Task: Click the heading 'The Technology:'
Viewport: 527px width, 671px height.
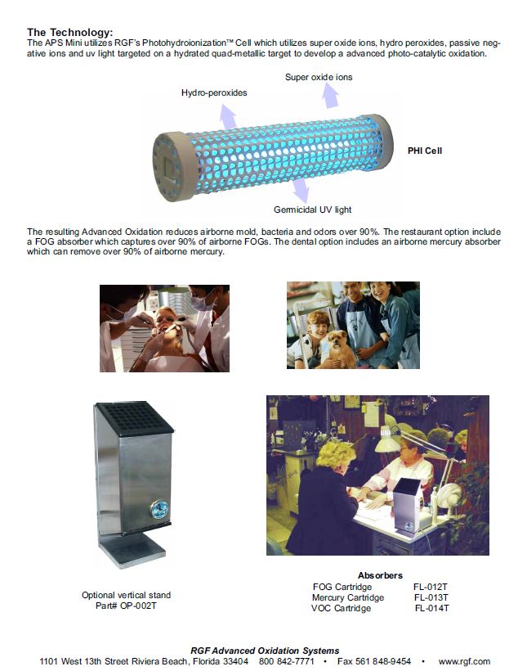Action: (x=69, y=31)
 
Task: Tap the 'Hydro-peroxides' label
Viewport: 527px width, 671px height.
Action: (x=214, y=92)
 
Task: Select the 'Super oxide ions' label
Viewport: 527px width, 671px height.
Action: (x=319, y=77)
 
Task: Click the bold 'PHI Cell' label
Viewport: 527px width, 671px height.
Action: (x=425, y=151)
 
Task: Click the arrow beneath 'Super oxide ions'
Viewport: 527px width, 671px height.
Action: (x=329, y=97)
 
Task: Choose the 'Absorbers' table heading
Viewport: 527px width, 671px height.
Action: (x=380, y=575)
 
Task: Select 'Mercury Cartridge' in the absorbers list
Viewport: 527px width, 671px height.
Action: (x=348, y=597)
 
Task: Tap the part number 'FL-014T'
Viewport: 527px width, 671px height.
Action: (x=431, y=608)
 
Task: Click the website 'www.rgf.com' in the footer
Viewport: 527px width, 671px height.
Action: (x=464, y=661)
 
